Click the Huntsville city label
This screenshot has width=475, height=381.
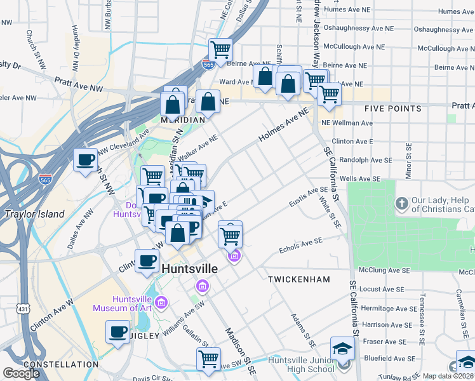pos(190,269)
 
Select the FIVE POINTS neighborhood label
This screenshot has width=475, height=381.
pos(393,109)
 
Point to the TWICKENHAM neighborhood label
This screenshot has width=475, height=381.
pos(299,279)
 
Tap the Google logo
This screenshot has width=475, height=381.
pos(21,373)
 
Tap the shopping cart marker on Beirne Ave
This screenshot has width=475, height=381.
pos(220,49)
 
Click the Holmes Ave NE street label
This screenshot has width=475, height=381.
pos(283,126)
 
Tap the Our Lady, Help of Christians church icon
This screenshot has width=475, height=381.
pos(401,204)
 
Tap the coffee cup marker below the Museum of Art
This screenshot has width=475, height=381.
pos(118,331)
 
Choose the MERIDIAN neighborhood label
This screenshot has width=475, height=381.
pos(182,120)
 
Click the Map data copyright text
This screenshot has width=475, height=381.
pos(448,376)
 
